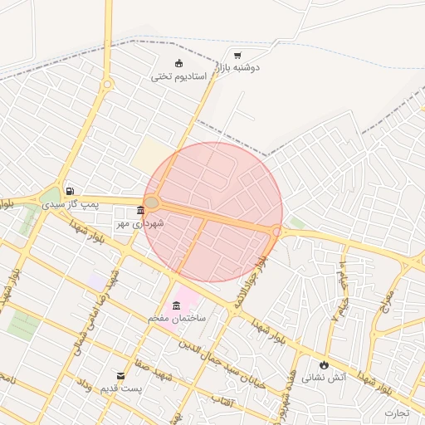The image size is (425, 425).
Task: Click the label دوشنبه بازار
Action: tap(235, 67)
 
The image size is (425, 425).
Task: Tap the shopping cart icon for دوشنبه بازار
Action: tap(238, 56)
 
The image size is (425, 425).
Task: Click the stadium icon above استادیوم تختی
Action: tap(178, 64)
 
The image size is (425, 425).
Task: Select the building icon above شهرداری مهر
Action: tap(140, 210)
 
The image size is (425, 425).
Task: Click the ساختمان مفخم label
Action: tap(177, 318)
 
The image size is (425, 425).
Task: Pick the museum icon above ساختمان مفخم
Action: tap(177, 306)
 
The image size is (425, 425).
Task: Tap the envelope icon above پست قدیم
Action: tap(121, 376)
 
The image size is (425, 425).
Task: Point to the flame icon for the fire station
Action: tap(323, 364)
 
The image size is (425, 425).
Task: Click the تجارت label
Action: tap(397, 413)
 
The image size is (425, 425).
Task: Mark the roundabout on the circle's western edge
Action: tap(152, 202)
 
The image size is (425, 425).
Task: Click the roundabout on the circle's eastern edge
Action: tap(276, 232)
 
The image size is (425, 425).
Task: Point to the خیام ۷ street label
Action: tap(336, 304)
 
